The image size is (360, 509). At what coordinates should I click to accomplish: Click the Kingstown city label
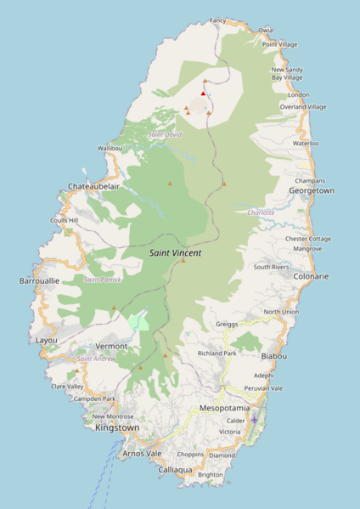[x=117, y=427]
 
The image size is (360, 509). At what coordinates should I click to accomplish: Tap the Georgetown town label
[x=312, y=191]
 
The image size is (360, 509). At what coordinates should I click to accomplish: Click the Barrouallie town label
[x=40, y=280]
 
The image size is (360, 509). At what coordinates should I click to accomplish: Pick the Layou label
[x=47, y=340]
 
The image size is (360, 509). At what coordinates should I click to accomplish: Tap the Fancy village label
[x=218, y=20]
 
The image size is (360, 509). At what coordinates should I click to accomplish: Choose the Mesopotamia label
[x=224, y=408]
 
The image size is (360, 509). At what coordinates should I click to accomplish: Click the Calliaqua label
[x=176, y=469]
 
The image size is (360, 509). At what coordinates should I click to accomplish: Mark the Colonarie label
[x=311, y=276]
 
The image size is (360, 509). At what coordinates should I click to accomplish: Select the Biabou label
[x=274, y=356]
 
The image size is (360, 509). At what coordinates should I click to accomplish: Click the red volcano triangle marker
[x=203, y=93]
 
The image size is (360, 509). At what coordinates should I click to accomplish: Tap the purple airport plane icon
[x=255, y=419]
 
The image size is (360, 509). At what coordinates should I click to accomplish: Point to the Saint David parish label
[x=165, y=134]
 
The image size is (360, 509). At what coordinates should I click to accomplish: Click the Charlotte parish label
[x=261, y=212]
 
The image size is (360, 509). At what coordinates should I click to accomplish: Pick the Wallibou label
[x=110, y=148]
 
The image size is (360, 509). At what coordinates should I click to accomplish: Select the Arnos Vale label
[x=142, y=454]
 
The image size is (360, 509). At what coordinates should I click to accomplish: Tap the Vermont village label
[x=111, y=346]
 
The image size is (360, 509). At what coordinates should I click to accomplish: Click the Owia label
[x=266, y=30]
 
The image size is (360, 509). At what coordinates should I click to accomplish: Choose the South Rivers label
[x=271, y=267]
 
